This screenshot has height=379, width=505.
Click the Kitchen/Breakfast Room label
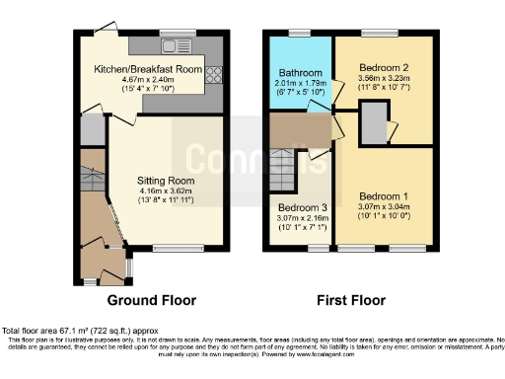148,70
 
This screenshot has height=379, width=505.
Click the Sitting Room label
166,182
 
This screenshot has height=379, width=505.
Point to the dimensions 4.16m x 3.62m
166,191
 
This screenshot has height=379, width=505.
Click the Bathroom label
299,73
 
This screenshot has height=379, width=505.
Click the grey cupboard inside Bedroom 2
374,124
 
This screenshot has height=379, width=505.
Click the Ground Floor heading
151,300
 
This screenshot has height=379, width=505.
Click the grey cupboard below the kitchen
92,129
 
